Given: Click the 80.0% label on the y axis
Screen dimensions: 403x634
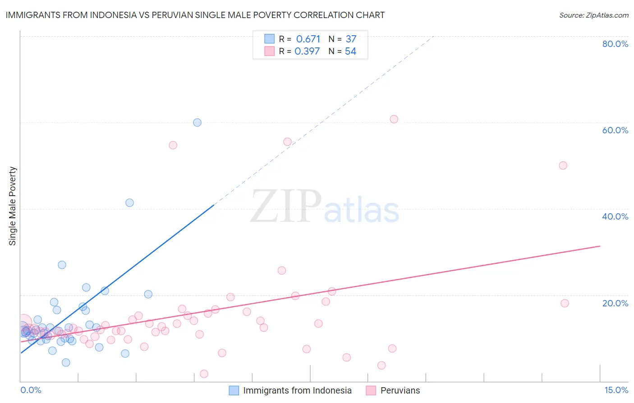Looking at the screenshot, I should click(x=615, y=44).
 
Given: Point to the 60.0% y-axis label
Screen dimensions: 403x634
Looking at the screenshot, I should click(x=615, y=130).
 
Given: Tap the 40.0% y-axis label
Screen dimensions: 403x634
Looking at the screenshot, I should click(x=615, y=216).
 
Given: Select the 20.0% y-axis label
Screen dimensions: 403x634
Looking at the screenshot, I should click(x=615, y=303).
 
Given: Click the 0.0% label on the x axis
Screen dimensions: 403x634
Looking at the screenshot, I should click(x=31, y=390).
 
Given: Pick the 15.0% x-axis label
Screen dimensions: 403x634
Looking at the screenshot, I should click(x=616, y=390).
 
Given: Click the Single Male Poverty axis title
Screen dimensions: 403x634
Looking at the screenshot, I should click(x=13, y=206).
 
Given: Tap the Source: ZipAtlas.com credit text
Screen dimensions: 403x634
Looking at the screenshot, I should click(x=593, y=15).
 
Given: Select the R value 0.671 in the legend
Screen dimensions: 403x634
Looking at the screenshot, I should click(x=308, y=39).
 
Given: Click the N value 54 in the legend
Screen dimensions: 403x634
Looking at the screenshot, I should click(x=350, y=52).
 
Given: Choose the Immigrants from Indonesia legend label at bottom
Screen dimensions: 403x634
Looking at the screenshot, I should click(x=297, y=390).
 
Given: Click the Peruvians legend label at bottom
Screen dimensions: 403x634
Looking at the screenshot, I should click(x=400, y=390).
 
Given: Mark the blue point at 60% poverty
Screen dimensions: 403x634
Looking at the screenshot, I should click(x=197, y=122).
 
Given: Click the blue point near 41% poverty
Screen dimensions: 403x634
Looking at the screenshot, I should click(x=129, y=203).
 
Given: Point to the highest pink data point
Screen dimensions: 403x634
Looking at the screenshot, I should click(x=394, y=119).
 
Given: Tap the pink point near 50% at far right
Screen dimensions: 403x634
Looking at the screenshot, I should click(x=563, y=165).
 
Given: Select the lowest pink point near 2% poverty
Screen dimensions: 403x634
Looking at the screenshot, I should click(x=204, y=374).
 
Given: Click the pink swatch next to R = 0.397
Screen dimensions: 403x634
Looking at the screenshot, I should click(x=269, y=51).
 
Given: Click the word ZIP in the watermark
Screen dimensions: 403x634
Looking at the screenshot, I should click(x=285, y=206).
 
